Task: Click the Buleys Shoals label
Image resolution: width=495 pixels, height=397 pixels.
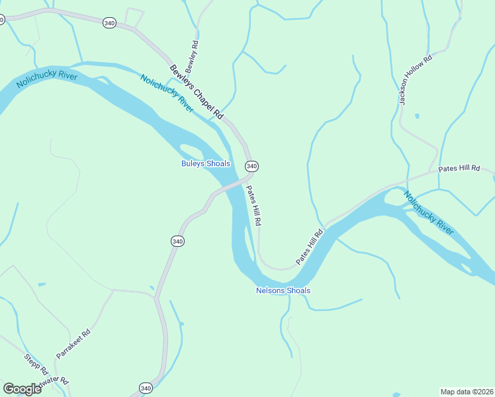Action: pyautogui.click(x=205, y=163)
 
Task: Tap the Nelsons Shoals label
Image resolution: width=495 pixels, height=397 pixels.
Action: pyautogui.click(x=283, y=290)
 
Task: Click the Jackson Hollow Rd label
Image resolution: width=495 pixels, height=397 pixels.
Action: pyautogui.click(x=415, y=79)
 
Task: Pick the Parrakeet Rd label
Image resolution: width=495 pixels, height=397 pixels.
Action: pyautogui.click(x=73, y=344)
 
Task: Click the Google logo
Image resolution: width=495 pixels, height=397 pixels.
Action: pyautogui.click(x=22, y=388)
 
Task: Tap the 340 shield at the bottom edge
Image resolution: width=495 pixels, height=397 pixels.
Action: pyautogui.click(x=146, y=388)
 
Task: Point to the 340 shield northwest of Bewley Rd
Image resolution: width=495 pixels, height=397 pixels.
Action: pyautogui.click(x=110, y=22)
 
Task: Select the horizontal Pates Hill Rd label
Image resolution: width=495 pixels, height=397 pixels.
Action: pyautogui.click(x=459, y=169)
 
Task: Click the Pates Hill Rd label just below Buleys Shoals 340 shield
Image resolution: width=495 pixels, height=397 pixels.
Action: pyautogui.click(x=254, y=204)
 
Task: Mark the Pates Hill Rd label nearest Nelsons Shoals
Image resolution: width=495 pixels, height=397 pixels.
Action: pyautogui.click(x=309, y=247)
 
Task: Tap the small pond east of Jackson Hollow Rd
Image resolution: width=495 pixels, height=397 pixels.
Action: pyautogui.click(x=416, y=116)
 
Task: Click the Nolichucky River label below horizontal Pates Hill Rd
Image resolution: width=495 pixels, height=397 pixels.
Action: pyautogui.click(x=429, y=213)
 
